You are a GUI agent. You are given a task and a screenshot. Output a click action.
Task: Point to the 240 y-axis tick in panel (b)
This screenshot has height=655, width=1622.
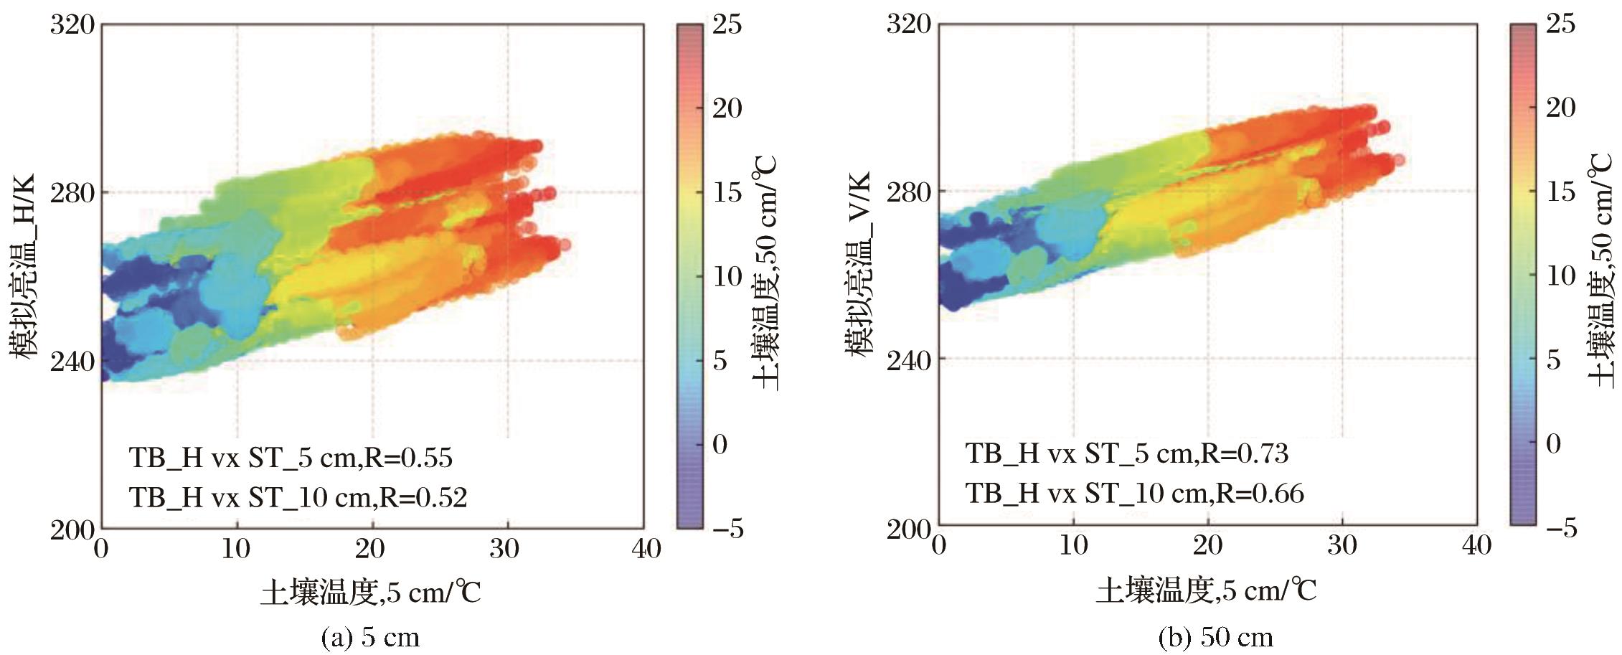(909, 359)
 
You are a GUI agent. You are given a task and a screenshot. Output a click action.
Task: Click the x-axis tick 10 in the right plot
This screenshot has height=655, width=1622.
(1073, 545)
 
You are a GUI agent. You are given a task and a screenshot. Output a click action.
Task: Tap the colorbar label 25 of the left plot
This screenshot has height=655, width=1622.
(727, 24)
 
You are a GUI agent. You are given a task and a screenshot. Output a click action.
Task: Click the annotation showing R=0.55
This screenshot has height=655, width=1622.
(291, 458)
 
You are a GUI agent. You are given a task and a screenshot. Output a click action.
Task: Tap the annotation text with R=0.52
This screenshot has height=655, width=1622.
(298, 496)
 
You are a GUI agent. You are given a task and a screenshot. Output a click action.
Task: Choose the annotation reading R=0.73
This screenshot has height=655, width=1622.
(1126, 453)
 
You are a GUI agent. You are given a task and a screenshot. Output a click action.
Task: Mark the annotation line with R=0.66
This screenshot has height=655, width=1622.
(1134, 493)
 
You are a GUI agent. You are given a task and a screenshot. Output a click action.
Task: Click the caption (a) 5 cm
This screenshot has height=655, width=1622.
(371, 637)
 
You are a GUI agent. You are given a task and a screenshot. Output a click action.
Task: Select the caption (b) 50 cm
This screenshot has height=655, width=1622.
(1216, 637)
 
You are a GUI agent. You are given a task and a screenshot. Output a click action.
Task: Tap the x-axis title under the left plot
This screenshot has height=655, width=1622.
(370, 593)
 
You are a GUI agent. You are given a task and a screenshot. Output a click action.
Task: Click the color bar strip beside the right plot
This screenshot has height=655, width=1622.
(1523, 276)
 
